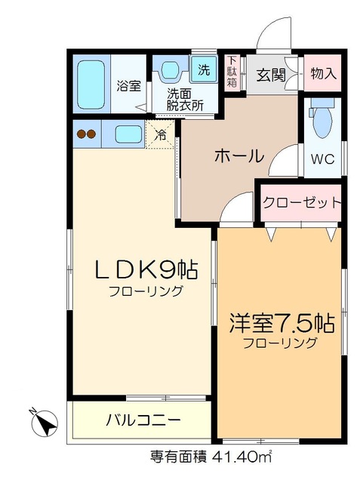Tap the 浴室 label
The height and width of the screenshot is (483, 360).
click(128, 85)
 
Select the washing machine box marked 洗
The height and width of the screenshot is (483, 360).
click(203, 70)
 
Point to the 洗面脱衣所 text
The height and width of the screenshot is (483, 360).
click(185, 100)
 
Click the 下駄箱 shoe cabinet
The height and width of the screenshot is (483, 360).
click(232, 72)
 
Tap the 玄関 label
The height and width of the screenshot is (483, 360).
click(269, 75)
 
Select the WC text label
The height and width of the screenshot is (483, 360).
click(323, 159)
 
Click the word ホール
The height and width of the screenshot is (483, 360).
click(238, 157)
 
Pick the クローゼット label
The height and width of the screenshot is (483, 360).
click(301, 202)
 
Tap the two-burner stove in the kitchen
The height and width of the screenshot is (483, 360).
click(87, 135)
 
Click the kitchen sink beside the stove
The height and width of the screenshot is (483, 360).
click(127, 135)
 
